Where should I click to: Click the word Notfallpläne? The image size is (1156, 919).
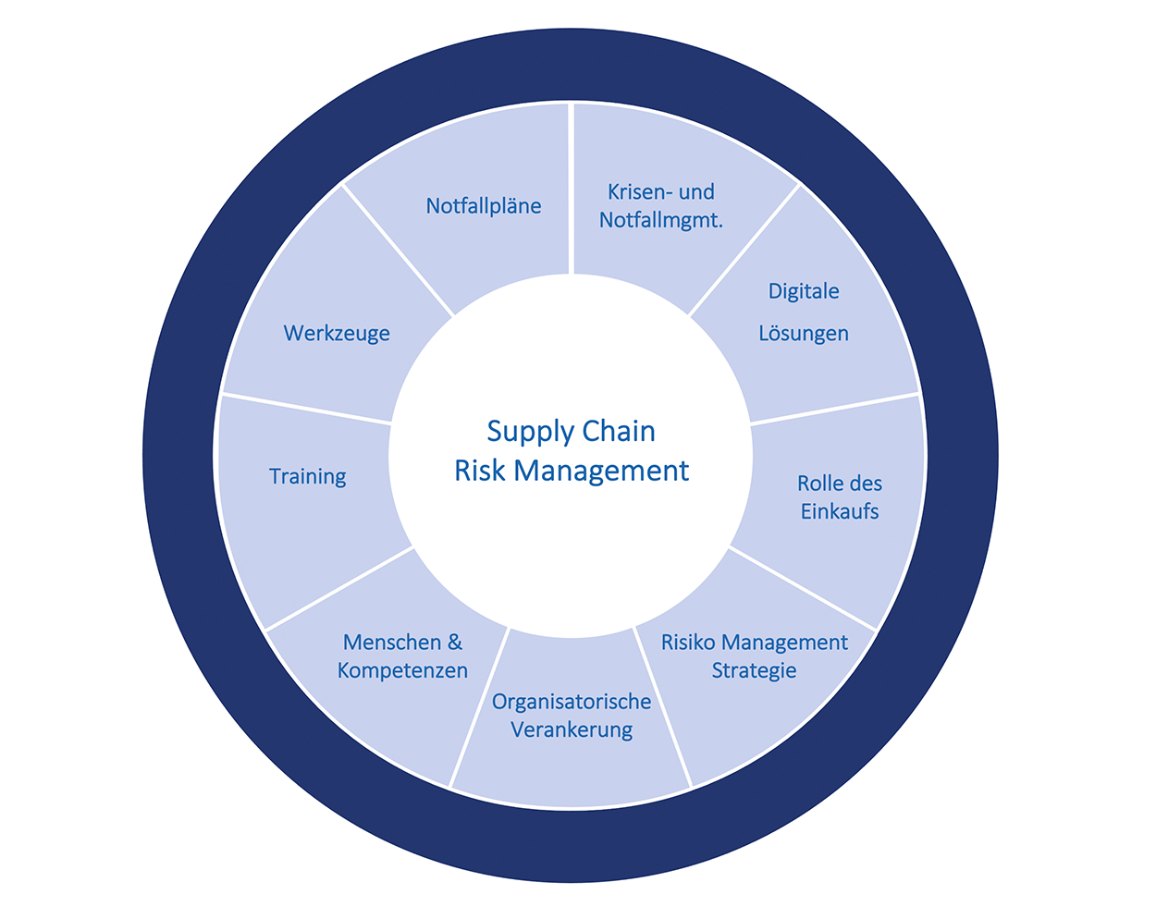pyautogui.click(x=484, y=206)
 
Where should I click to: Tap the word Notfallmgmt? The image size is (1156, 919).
pyautogui.click(x=661, y=220)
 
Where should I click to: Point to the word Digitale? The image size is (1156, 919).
pyautogui.click(x=804, y=291)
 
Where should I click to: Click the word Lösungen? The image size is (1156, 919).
pyautogui.click(x=804, y=334)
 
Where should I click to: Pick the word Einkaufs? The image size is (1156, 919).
pyautogui.click(x=840, y=512)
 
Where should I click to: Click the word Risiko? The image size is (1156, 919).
pyautogui.click(x=688, y=643)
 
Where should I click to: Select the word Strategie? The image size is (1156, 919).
pyautogui.click(x=754, y=671)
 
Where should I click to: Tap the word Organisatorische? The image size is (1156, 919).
pyautogui.click(x=572, y=702)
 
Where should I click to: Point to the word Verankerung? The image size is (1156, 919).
pyautogui.click(x=572, y=730)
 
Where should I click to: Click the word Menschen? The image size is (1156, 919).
pyautogui.click(x=391, y=643)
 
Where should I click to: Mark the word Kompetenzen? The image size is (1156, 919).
pyautogui.click(x=402, y=671)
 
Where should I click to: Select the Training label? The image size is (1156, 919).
pyautogui.click(x=308, y=477)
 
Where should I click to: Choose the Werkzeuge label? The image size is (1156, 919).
pyautogui.click(x=337, y=334)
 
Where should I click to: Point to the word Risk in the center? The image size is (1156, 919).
pyautogui.click(x=479, y=472)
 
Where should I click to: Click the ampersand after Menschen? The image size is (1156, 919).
pyautogui.click(x=454, y=643)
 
